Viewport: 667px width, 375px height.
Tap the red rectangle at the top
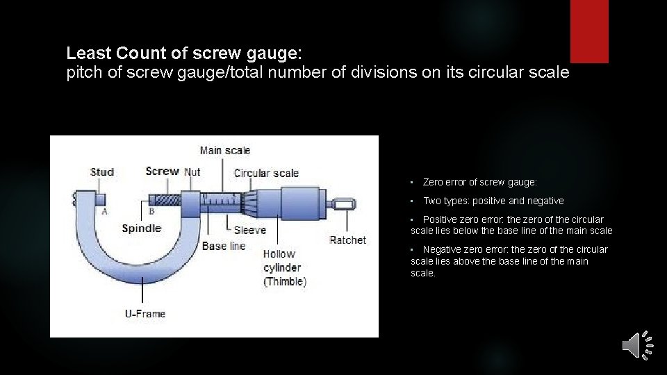pyautogui.click(x=589, y=31)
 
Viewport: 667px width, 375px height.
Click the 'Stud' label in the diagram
pyautogui.click(x=102, y=172)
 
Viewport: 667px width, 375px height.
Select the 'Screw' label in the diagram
pyautogui.click(x=162, y=171)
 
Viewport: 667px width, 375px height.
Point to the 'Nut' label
pyautogui.click(x=192, y=172)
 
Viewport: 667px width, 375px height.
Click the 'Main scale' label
pyautogui.click(x=224, y=150)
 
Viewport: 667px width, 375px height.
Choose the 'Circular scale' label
pyautogui.click(x=266, y=173)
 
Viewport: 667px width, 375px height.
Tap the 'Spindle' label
pyautogui.click(x=141, y=228)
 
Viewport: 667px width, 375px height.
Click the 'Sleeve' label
pyautogui.click(x=249, y=230)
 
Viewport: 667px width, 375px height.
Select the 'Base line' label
pyautogui.click(x=224, y=246)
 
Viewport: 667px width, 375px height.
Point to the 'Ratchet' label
pyautogui.click(x=347, y=240)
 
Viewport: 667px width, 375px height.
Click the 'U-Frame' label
pyautogui.click(x=145, y=314)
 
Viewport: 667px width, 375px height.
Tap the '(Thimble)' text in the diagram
pyautogui.click(x=285, y=281)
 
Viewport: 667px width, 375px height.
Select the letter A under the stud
pyautogui.click(x=104, y=212)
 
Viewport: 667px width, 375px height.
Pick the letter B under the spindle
pyautogui.click(x=151, y=212)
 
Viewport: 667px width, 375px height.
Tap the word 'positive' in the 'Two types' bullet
pyautogui.click(x=488, y=201)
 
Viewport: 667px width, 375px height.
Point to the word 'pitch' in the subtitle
pyautogui.click(x=81, y=72)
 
